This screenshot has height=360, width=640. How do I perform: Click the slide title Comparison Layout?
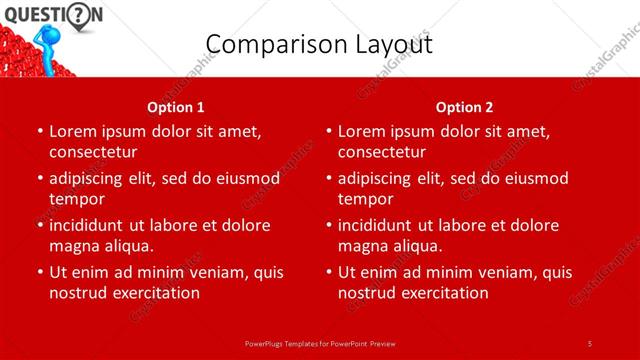(319, 45)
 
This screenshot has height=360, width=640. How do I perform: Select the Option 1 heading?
(176, 107)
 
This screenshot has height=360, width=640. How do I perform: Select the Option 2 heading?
(464, 107)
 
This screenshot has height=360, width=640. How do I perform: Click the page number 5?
(590, 343)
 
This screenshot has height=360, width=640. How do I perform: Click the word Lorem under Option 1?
(74, 131)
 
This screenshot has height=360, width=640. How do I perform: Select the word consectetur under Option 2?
(382, 152)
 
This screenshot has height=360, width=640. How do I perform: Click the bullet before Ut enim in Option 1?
(39, 272)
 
